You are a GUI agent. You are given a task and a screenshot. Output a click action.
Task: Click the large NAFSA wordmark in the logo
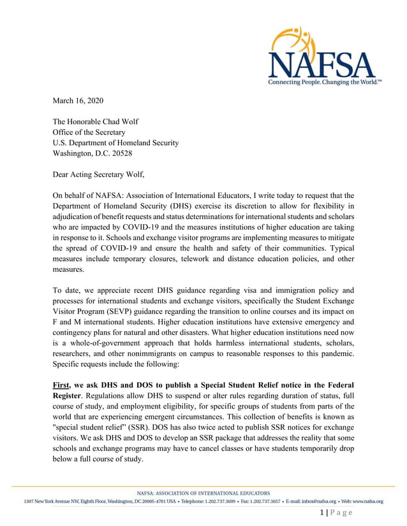(322, 64)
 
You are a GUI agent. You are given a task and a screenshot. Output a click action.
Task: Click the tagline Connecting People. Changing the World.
(324, 83)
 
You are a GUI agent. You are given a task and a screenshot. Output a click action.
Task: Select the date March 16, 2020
(77, 101)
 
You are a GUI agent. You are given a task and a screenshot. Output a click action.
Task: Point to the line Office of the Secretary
(89, 132)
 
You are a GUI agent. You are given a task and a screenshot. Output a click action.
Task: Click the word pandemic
(334, 354)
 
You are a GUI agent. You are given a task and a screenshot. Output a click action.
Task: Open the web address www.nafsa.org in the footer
(366, 501)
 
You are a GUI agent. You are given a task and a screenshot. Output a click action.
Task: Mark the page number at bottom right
(336, 513)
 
